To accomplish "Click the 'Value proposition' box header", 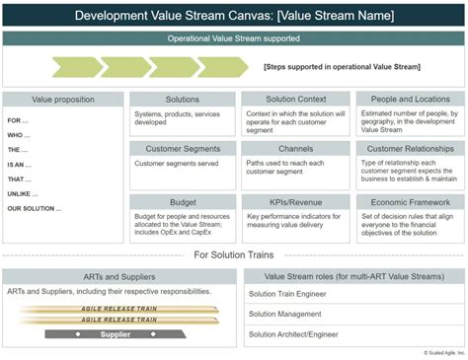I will [63, 100].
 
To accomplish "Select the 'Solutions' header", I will [183, 100].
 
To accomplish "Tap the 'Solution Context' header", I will [294, 100].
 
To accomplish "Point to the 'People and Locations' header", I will [407, 100].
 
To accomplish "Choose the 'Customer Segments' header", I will [183, 148].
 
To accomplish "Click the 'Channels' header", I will [294, 148].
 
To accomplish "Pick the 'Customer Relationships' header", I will [407, 148].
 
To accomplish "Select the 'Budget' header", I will [183, 200].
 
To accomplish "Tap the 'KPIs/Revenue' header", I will [294, 200].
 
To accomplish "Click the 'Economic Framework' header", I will [407, 200].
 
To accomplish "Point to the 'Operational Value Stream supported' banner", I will [233, 38].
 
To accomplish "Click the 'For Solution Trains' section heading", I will [233, 254].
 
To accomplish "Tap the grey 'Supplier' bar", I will [117, 333].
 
